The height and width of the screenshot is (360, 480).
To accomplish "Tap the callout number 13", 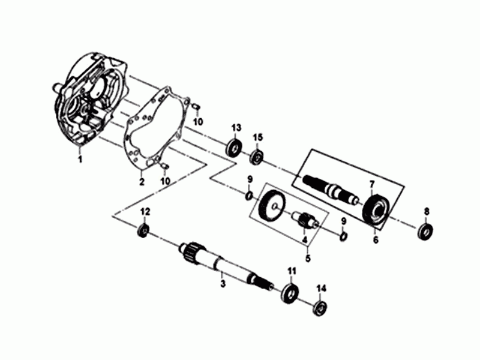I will coord(236,128).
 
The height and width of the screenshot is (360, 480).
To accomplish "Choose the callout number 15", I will coord(258,139).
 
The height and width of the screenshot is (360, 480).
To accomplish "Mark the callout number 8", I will coord(427,211).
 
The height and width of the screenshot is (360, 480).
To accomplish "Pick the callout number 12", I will coord(144,212).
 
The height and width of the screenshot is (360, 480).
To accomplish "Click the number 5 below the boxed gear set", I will coord(307,259).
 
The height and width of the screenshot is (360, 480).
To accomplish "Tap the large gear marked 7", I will coord(377,211).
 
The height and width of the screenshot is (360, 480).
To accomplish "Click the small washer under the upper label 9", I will coord(248,196).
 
